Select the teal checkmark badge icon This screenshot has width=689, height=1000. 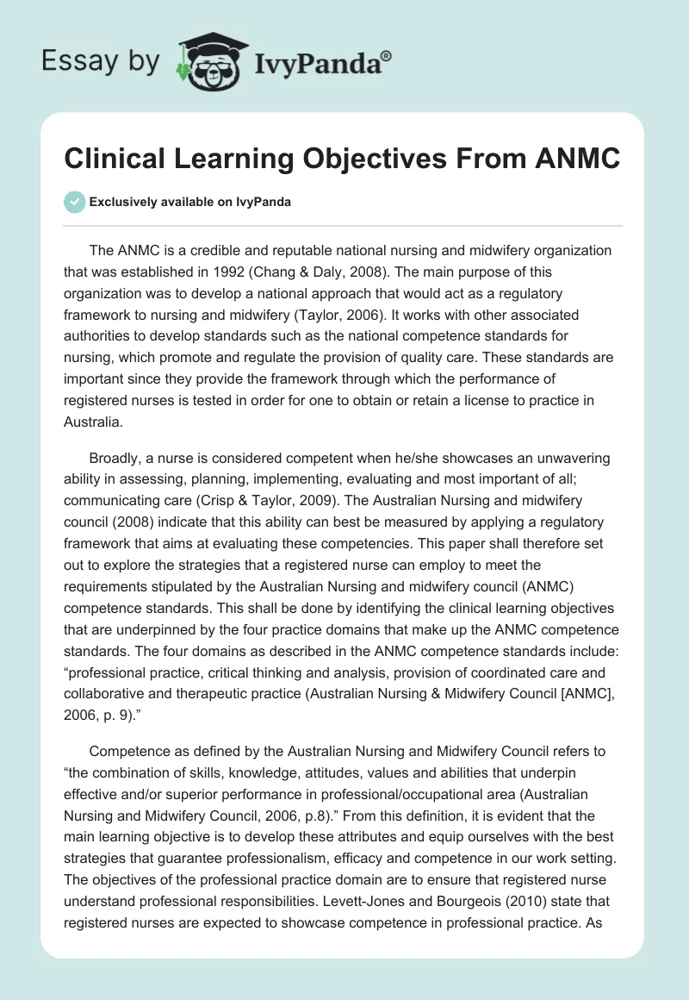73,202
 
